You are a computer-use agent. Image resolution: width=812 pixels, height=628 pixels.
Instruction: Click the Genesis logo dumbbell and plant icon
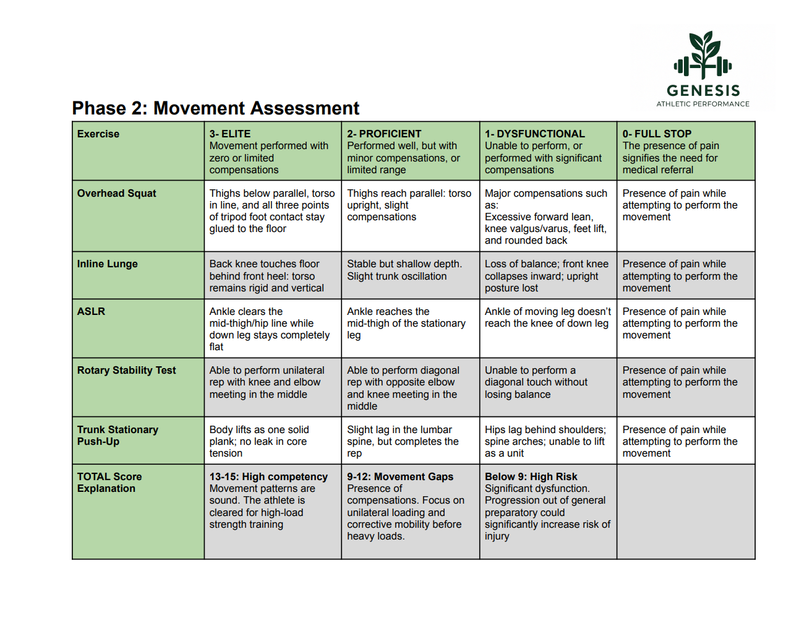[703, 56]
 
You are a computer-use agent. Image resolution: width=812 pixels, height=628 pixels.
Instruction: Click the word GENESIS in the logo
[703, 91]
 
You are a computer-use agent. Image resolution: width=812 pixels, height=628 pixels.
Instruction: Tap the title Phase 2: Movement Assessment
[215, 108]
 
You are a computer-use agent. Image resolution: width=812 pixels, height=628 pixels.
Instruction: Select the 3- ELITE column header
[230, 134]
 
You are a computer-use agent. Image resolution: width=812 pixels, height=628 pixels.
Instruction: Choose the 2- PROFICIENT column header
[384, 134]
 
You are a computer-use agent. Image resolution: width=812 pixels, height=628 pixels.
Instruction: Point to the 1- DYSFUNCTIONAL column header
[534, 134]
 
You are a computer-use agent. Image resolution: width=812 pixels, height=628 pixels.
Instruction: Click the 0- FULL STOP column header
[657, 134]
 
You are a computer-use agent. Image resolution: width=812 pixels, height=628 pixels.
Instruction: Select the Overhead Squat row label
[116, 193]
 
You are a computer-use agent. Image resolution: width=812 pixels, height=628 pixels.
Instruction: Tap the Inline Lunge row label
[108, 264]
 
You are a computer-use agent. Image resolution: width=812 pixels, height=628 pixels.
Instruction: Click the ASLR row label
[91, 311]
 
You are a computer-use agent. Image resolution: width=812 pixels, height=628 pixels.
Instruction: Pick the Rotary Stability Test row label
[126, 370]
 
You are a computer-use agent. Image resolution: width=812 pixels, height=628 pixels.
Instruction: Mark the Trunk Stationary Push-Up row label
[118, 435]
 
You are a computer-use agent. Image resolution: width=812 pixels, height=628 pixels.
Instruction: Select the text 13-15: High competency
[268, 476]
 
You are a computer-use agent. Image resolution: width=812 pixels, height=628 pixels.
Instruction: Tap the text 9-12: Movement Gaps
[400, 476]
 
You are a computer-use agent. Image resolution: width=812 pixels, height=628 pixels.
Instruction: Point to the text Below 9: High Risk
[531, 476]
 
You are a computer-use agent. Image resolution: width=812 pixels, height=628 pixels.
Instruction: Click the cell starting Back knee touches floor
[267, 276]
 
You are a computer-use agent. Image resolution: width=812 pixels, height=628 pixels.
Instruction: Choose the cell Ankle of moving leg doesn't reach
[547, 317]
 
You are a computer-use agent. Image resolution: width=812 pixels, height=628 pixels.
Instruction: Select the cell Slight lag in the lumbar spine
[403, 441]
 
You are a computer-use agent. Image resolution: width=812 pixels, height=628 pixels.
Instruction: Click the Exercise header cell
[98, 134]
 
